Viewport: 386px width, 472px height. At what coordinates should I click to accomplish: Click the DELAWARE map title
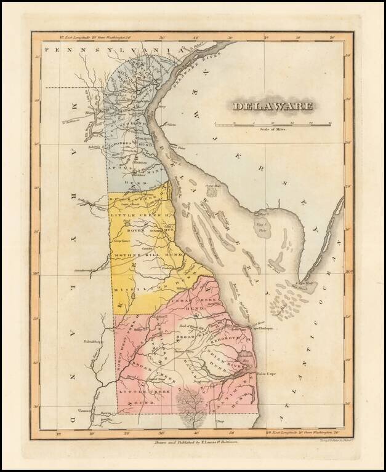pyautogui.click(x=272, y=106)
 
